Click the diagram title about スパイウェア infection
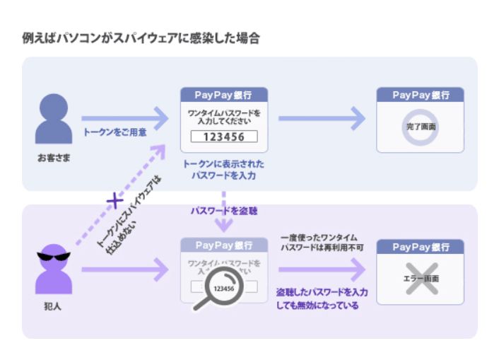141,38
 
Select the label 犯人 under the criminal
54,306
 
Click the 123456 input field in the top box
223,137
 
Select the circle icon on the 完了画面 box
420,125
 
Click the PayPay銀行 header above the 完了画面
420,95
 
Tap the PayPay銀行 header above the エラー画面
420,248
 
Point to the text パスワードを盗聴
223,211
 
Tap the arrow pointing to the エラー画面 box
322,269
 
